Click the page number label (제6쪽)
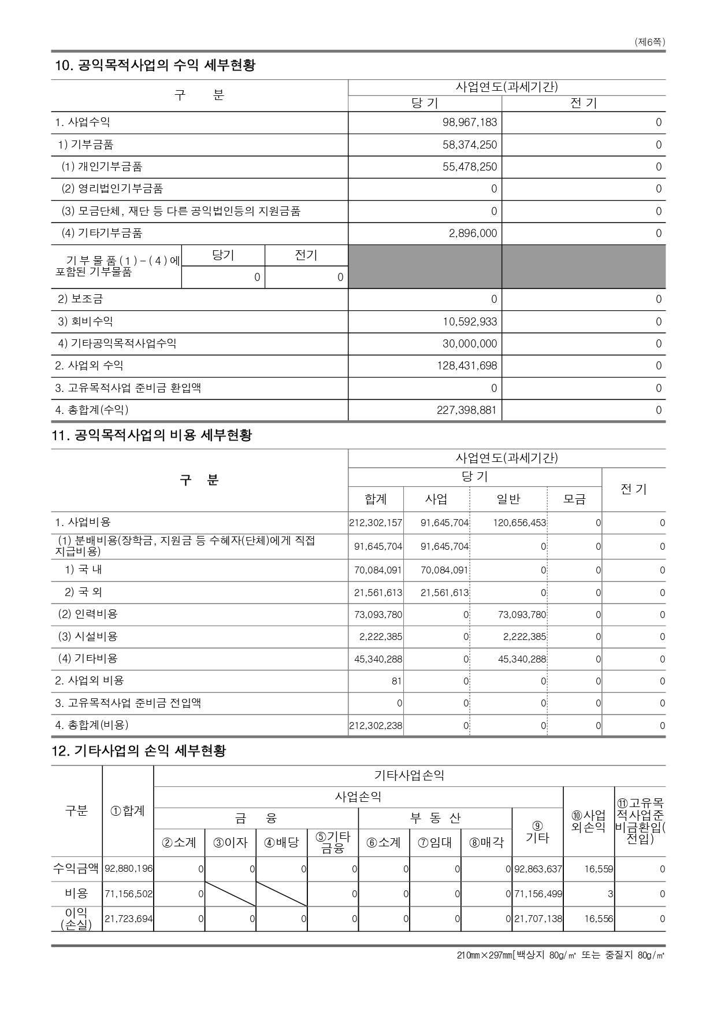pos(649,42)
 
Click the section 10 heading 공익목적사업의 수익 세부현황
pos(154,65)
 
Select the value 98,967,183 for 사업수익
pos(470,123)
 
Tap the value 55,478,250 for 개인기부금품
pos(470,167)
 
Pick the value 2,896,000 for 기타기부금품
pos(473,234)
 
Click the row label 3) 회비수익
pos(86,321)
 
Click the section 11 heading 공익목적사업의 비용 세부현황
pos(153,435)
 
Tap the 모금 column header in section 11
pos(574,499)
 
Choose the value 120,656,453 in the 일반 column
pos(519,523)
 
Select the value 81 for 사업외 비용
pos(396,682)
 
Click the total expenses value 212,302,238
pos(376,726)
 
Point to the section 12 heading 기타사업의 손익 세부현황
pos(139,751)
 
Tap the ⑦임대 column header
pos(435,842)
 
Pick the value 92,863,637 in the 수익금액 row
pos(538,869)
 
